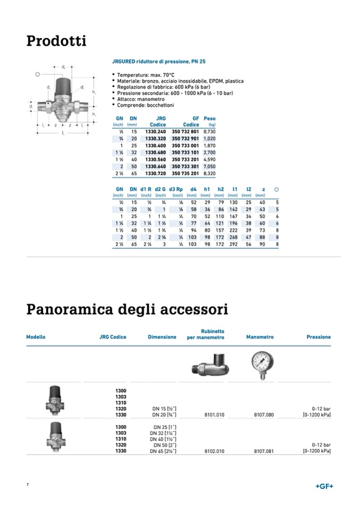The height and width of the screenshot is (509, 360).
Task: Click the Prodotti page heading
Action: click(56, 41)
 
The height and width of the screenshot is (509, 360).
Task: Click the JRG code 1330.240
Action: click(156, 131)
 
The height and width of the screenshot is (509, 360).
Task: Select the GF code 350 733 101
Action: click(185, 152)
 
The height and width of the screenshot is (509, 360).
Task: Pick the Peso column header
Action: click(210, 119)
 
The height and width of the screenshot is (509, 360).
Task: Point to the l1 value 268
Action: click(233, 237)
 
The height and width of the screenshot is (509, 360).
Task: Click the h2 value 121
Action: click(219, 223)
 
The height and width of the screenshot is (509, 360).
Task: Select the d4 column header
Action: click(193, 189)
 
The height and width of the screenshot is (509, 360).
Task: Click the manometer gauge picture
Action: click(262, 365)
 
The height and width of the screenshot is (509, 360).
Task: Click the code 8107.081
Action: click(263, 451)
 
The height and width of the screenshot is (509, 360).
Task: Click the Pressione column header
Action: click(319, 337)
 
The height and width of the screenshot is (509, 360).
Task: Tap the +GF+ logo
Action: click(324, 487)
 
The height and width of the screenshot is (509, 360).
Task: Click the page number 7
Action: click(28, 485)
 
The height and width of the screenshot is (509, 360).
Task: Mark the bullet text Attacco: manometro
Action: click(139, 99)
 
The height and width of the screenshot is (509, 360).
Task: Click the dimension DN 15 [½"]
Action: click(164, 409)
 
